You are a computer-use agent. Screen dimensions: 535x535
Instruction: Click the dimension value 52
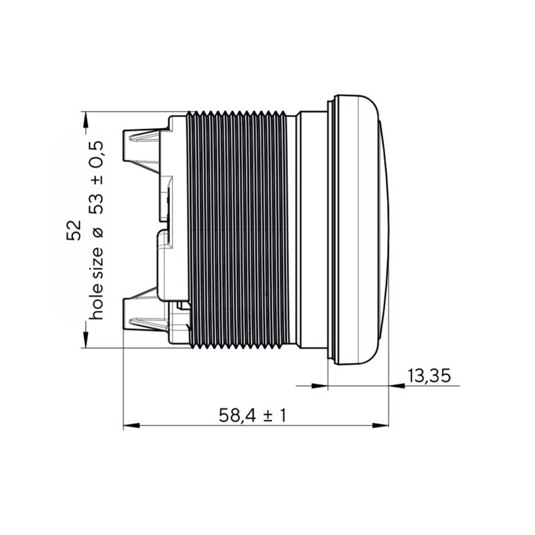[74, 231]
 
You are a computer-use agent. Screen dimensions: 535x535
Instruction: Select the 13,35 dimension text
[429, 376]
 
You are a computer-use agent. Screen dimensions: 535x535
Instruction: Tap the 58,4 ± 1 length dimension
[253, 416]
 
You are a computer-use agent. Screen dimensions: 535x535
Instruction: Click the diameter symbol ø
[98, 232]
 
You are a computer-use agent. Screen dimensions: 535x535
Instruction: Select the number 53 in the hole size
[96, 204]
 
